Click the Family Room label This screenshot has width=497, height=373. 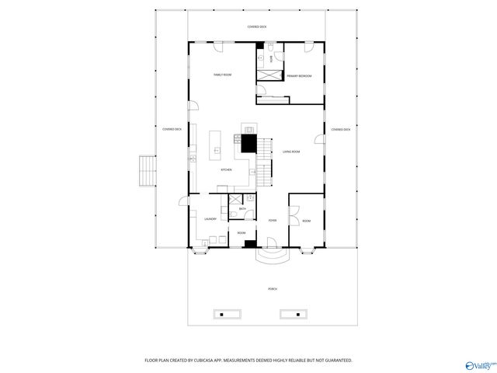223,75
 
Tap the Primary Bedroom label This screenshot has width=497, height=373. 299,76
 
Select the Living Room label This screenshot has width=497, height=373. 291,152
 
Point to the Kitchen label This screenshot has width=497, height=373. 226,169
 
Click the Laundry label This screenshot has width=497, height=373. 210,219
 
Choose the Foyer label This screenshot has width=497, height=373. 273,221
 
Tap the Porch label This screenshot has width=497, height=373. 273,289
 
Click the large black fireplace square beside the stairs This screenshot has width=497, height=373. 248,143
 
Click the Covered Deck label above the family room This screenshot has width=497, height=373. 257,27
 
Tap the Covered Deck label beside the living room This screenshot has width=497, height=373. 340,130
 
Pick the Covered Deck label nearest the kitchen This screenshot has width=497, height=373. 172,129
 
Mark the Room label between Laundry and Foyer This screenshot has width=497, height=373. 242,233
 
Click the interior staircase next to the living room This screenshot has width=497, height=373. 266,160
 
